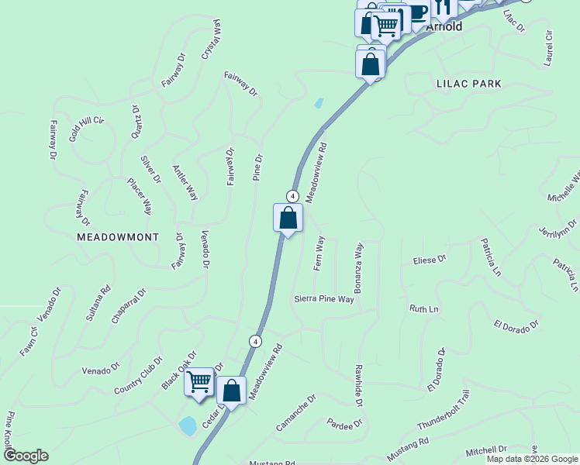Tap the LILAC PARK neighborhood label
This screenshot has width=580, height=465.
[x=469, y=83]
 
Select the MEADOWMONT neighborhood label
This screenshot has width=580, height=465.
[x=118, y=237]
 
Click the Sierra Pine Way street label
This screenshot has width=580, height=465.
[x=324, y=298]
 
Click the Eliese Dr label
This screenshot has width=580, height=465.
[x=430, y=260]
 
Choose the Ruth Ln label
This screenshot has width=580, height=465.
[x=424, y=308]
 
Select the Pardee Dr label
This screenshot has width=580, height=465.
[x=345, y=424]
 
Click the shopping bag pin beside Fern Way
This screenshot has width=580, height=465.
[x=288, y=219]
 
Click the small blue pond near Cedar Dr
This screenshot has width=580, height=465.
[x=187, y=425]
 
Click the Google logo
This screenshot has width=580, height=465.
[x=26, y=456]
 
